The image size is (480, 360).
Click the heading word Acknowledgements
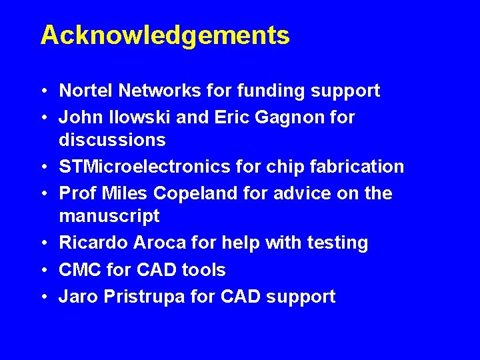165,35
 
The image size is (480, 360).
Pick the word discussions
112,140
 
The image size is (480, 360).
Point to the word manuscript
109,216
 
